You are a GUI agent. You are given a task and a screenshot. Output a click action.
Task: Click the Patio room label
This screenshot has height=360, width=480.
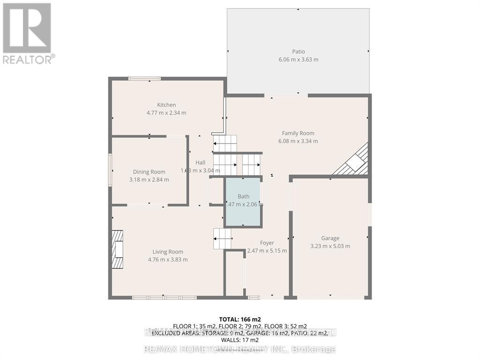[x=298, y=52]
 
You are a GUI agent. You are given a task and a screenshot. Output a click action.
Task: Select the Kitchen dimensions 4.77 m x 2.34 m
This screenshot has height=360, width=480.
[x=166, y=113]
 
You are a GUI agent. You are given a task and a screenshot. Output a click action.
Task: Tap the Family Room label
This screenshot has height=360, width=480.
[x=298, y=133]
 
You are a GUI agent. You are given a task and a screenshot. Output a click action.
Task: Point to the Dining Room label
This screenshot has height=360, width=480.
[x=149, y=172]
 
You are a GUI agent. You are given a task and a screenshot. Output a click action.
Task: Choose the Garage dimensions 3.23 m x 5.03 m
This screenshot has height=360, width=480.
[x=330, y=246]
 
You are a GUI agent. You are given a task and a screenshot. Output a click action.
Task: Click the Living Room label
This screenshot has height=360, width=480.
[x=168, y=252]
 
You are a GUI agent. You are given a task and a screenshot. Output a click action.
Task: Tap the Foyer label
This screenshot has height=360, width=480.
[x=267, y=243]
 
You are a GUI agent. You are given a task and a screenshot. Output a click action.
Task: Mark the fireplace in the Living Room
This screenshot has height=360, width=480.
[x=117, y=249]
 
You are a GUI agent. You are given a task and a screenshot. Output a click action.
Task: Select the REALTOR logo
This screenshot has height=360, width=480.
[x=28, y=33]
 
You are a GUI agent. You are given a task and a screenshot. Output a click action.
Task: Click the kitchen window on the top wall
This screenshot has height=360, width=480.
[x=144, y=78]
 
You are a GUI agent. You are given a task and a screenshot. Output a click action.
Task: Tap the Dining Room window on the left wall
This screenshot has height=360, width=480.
[x=110, y=171]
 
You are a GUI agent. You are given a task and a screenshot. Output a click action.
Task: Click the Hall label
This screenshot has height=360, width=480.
[x=200, y=163]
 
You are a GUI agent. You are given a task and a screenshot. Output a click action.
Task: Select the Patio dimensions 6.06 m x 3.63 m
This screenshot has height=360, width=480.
[x=298, y=60]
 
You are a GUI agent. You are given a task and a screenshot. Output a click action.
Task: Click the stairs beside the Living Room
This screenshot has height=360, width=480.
[x=222, y=239]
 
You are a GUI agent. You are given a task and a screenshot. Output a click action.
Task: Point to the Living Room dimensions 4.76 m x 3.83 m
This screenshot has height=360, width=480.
[x=168, y=259]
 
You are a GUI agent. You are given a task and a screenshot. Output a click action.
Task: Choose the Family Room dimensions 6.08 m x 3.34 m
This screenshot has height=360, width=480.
[x=298, y=141]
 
